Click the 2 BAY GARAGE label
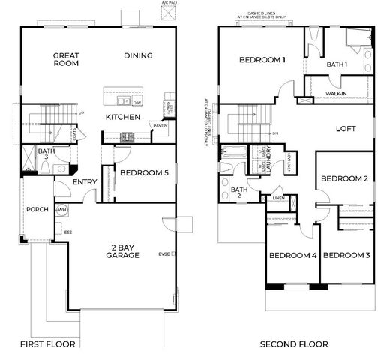point(122,250)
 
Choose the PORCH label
point(36,209)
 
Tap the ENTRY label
point(83,182)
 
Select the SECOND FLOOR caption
point(294,344)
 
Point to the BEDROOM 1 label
point(262,60)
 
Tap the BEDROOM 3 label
point(346,255)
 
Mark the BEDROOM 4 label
point(292,255)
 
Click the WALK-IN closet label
point(336,94)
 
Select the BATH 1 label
point(337,64)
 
